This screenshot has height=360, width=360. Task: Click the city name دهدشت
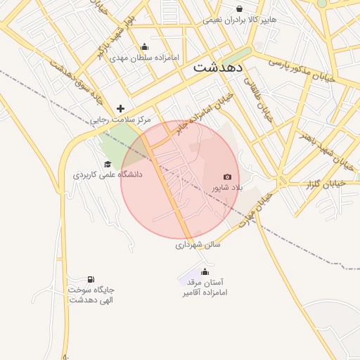[x=217, y=68]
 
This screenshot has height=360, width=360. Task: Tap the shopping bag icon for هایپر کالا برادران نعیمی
[x=240, y=9]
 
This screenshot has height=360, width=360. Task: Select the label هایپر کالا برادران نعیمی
[x=240, y=20]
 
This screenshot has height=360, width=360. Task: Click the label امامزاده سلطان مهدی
[x=146, y=57]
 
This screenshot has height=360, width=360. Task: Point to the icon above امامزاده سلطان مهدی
[x=145, y=46]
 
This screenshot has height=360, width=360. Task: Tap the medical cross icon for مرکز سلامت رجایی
[x=121, y=109]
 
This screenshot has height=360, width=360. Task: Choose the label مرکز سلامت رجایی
[x=121, y=120]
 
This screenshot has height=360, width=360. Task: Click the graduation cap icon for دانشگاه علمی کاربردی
[x=108, y=164]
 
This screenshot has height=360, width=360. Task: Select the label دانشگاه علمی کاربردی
[x=108, y=174]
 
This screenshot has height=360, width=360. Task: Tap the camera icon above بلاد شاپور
[x=227, y=177]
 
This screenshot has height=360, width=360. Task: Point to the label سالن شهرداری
[x=198, y=245]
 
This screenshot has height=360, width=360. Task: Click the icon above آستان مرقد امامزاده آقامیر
[x=205, y=271]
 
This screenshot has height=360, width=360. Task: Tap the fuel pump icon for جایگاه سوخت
[x=91, y=279]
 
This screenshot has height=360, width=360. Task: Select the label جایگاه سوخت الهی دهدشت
[x=91, y=295]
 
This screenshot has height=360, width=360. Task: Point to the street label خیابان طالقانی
[x=257, y=101]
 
